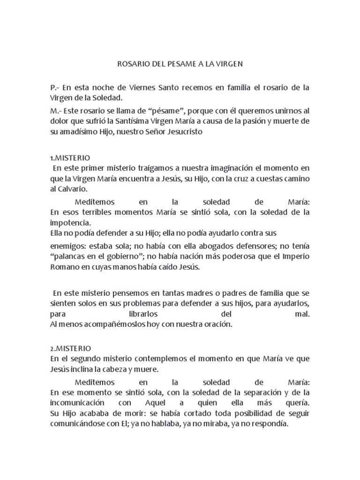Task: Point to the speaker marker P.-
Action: [x=55, y=88]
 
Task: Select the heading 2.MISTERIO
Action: [x=71, y=349]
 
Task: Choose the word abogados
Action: [x=210, y=246]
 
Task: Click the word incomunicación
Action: [x=77, y=403]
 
